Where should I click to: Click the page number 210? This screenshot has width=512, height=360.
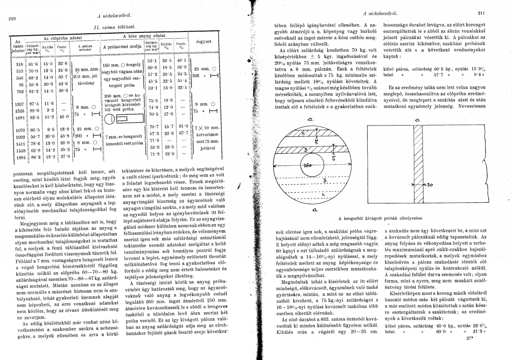(x=12, y=19)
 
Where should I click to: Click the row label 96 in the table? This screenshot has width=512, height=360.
(x=19, y=84)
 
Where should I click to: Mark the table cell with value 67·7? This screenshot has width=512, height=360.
(x=182, y=133)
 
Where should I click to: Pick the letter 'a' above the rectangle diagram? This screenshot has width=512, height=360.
(x=418, y=120)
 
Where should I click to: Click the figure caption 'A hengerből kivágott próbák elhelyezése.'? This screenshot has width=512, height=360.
(x=381, y=218)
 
